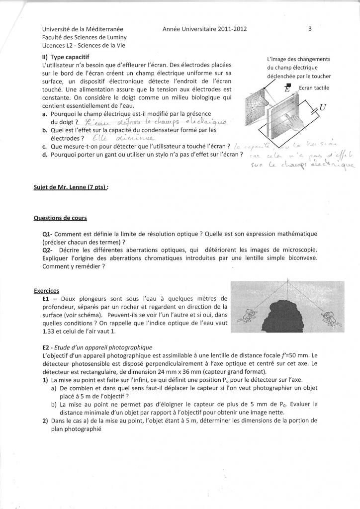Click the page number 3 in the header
tap(310, 29)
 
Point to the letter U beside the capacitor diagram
tap(323, 107)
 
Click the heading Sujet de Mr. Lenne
tap(71, 187)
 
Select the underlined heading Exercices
tap(46, 290)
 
